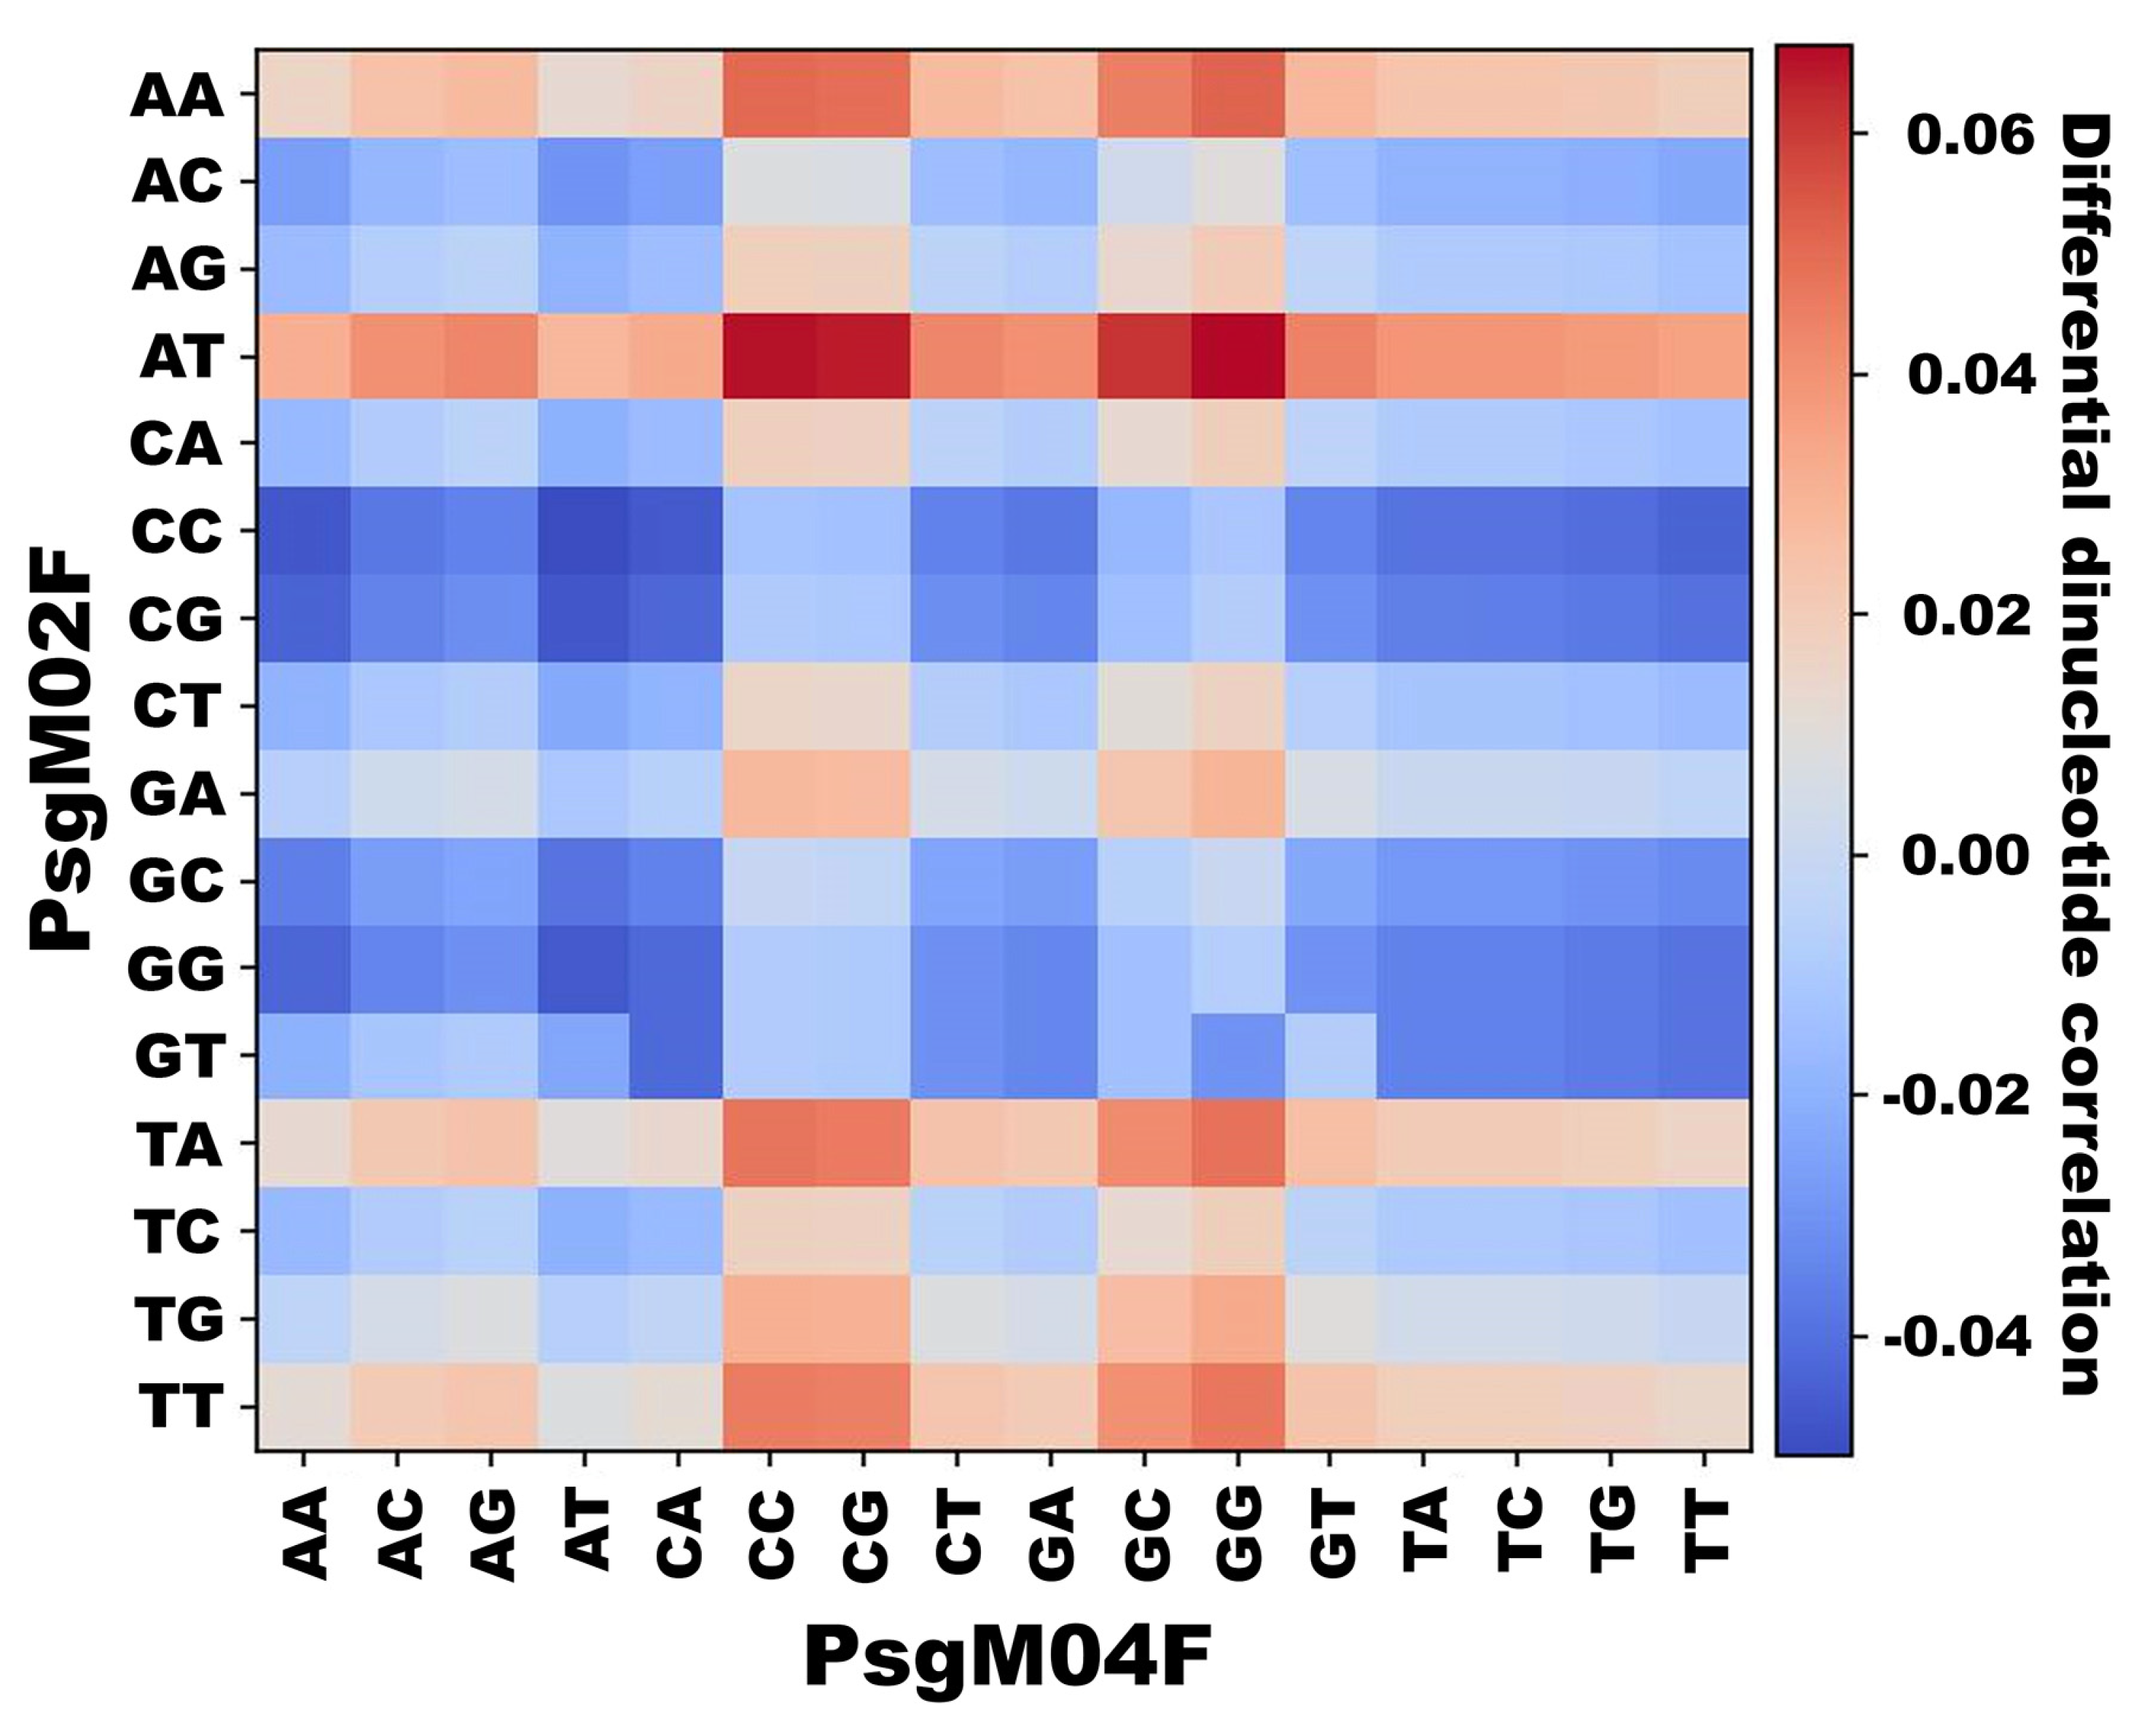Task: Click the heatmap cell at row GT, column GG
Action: click(1237, 1056)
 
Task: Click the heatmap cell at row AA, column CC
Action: click(770, 95)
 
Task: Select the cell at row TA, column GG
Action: click(1237, 1143)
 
